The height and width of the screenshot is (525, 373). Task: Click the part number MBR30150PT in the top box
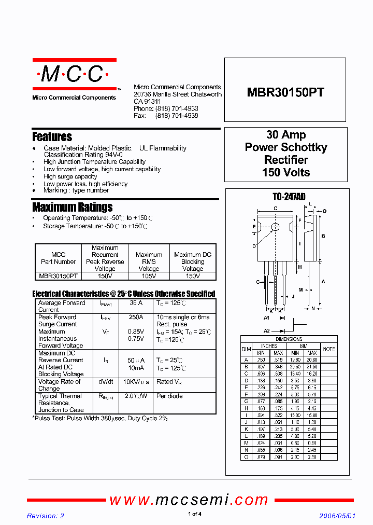tap(285, 92)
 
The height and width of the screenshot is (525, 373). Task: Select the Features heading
tap(52, 137)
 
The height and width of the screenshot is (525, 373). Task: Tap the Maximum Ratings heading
tap(72, 208)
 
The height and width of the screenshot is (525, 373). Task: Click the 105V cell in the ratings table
tap(149, 277)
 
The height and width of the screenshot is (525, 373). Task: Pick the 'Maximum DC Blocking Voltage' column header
tap(193, 261)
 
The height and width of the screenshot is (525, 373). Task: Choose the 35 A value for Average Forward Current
tap(136, 303)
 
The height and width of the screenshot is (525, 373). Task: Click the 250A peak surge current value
tap(136, 317)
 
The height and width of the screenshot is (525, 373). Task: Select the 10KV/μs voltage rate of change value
tap(136, 382)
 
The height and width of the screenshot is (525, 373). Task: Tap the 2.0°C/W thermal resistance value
tap(136, 396)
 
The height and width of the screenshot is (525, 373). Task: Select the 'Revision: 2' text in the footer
tap(46, 516)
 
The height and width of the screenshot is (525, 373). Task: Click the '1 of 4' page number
tap(194, 514)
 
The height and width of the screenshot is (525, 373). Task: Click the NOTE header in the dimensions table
tap(329, 349)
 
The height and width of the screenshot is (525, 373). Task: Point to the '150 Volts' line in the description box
tap(286, 172)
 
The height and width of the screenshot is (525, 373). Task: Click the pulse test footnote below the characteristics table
tap(101, 418)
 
